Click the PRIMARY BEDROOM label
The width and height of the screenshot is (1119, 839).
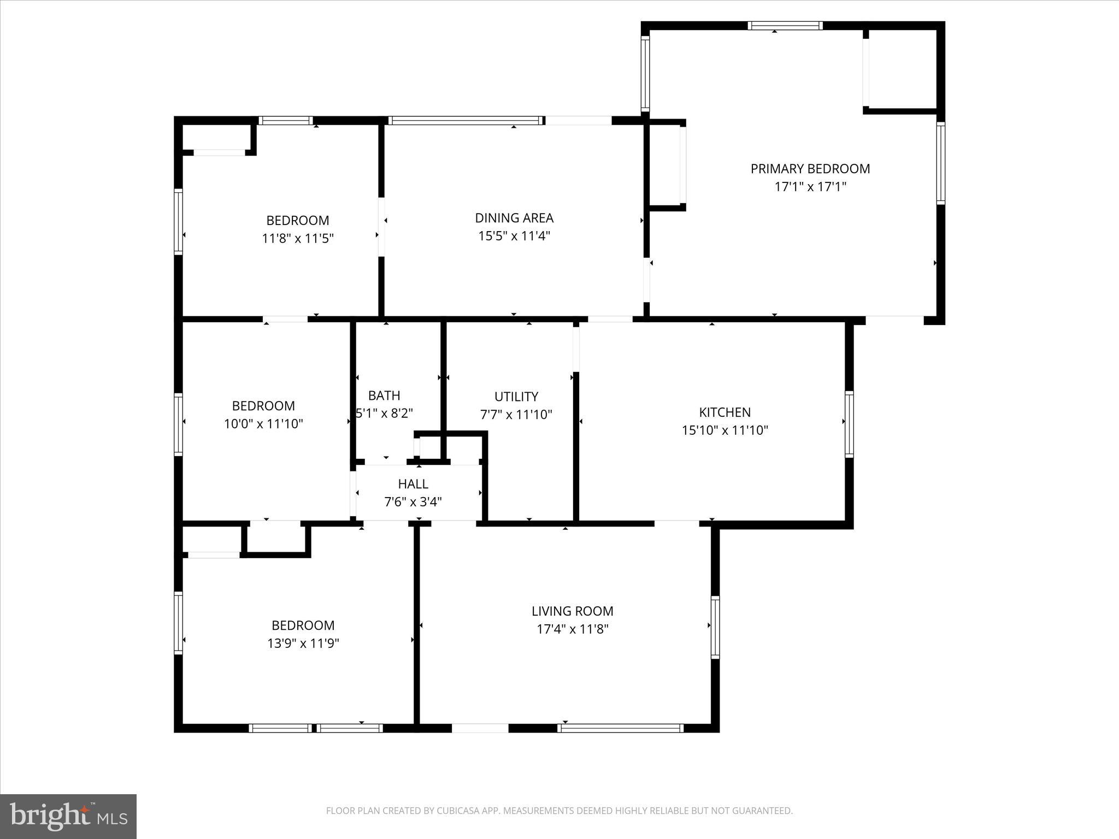click(x=810, y=169)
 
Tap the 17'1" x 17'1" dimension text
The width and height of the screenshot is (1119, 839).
click(x=810, y=187)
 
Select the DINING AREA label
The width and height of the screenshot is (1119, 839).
click(x=514, y=218)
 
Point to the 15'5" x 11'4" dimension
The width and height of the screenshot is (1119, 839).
click(x=514, y=236)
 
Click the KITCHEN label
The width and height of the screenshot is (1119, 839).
click(x=725, y=412)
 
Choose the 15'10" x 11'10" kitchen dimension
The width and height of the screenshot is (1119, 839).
click(x=725, y=430)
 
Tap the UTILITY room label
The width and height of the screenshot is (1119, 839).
click(x=516, y=397)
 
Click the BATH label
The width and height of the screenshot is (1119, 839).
click(x=384, y=395)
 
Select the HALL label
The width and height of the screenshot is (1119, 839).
click(x=413, y=484)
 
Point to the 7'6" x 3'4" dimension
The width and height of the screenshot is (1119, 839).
click(x=413, y=501)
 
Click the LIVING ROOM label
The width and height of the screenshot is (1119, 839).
click(x=572, y=611)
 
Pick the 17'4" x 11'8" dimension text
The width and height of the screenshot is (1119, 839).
click(x=572, y=629)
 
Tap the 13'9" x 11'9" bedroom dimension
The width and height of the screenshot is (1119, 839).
click(x=303, y=643)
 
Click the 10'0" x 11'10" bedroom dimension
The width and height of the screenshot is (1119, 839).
click(x=263, y=424)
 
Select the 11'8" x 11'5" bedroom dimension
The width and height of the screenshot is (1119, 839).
click(x=297, y=239)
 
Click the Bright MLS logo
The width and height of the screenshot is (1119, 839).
click(x=68, y=816)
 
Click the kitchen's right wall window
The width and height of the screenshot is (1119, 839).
click(x=849, y=424)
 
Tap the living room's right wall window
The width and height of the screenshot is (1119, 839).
click(x=715, y=627)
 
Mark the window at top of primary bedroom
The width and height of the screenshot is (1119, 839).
click(x=785, y=26)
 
